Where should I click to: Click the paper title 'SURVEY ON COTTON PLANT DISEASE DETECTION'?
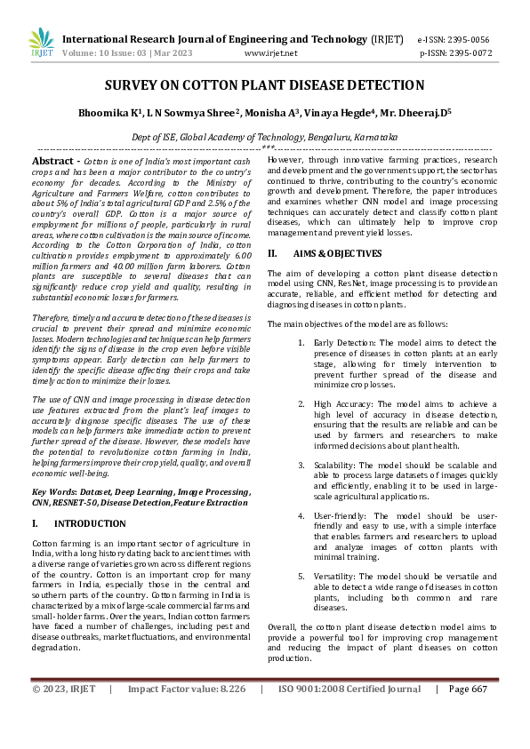click(x=264, y=85)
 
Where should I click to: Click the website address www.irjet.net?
click(x=264, y=53)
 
